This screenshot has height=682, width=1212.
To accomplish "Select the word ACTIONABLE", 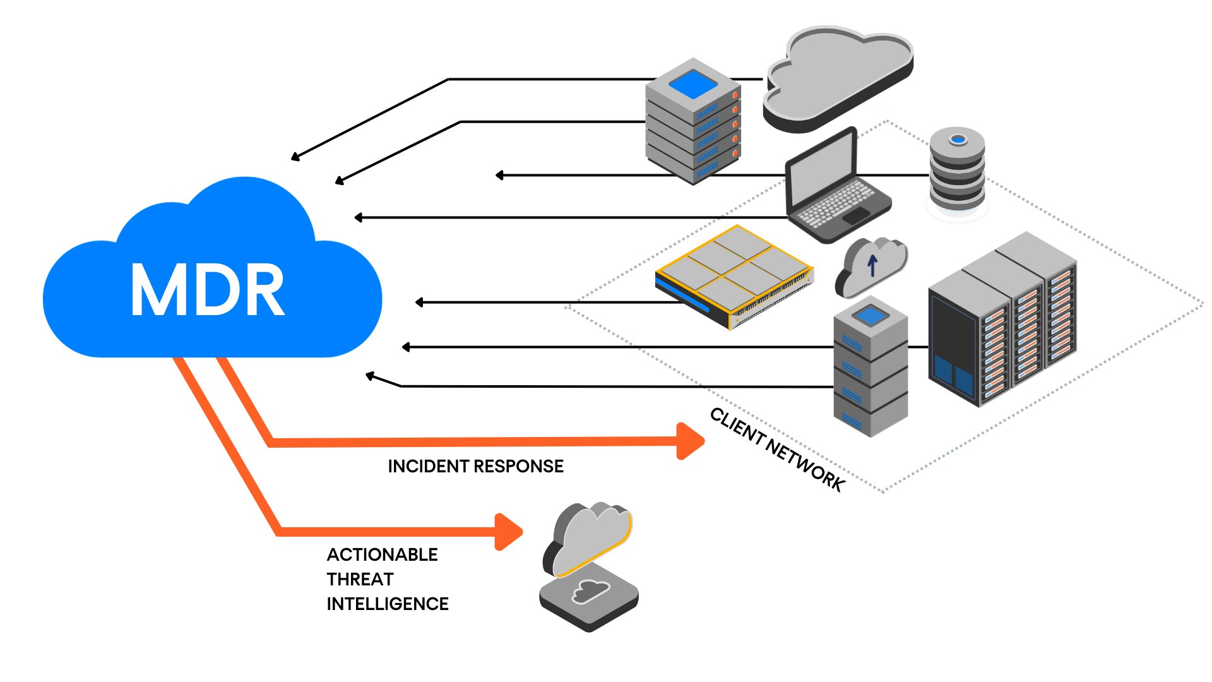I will tap(382, 554).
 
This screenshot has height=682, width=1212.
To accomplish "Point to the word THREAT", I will tap(360, 579).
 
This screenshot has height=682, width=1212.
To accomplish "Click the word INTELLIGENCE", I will tap(387, 604).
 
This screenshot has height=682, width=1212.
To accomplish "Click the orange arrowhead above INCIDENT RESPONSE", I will tap(690, 441).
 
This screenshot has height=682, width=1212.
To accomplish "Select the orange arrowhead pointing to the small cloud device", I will tap(508, 532).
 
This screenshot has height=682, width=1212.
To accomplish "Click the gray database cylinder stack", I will tap(957, 170).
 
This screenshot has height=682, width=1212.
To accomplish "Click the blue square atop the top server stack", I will tap(693, 84).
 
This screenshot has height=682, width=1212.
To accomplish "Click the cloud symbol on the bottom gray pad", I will tap(590, 592).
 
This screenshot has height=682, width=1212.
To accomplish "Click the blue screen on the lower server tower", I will tap(870, 314).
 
